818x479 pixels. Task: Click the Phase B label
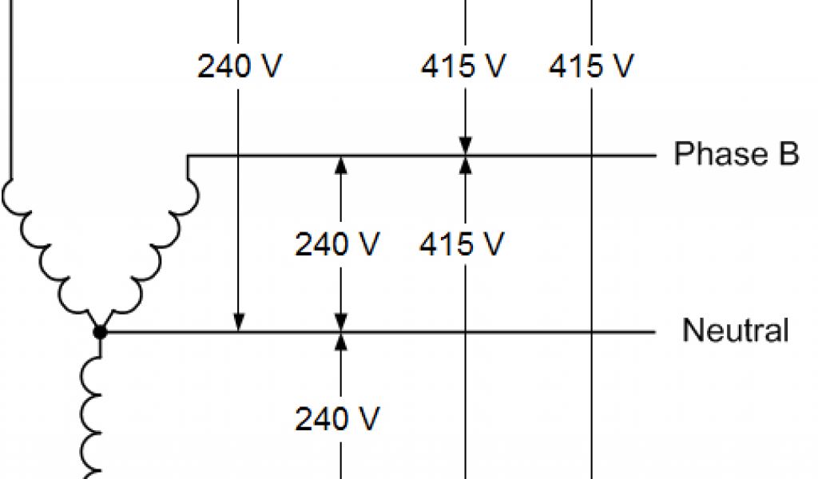[736, 153]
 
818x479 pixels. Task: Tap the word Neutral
[736, 330]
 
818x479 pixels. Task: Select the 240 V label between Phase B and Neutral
[337, 244]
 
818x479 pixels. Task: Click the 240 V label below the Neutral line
[337, 418]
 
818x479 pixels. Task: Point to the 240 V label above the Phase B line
[240, 67]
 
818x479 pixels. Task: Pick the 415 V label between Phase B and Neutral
[463, 244]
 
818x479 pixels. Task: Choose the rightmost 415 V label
[591, 67]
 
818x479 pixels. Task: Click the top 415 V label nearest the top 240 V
[463, 67]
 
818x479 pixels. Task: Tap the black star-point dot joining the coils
[100, 331]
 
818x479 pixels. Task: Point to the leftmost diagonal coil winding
[44, 247]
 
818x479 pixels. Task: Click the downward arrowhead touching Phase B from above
[465, 145]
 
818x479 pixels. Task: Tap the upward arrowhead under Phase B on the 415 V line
[465, 165]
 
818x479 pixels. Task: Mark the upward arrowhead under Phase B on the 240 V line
[341, 165]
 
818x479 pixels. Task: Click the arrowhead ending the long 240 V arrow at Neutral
[239, 322]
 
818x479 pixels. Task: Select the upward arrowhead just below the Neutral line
[341, 341]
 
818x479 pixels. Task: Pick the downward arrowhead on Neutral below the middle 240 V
[341, 321]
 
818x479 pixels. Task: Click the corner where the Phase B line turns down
[187, 156]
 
